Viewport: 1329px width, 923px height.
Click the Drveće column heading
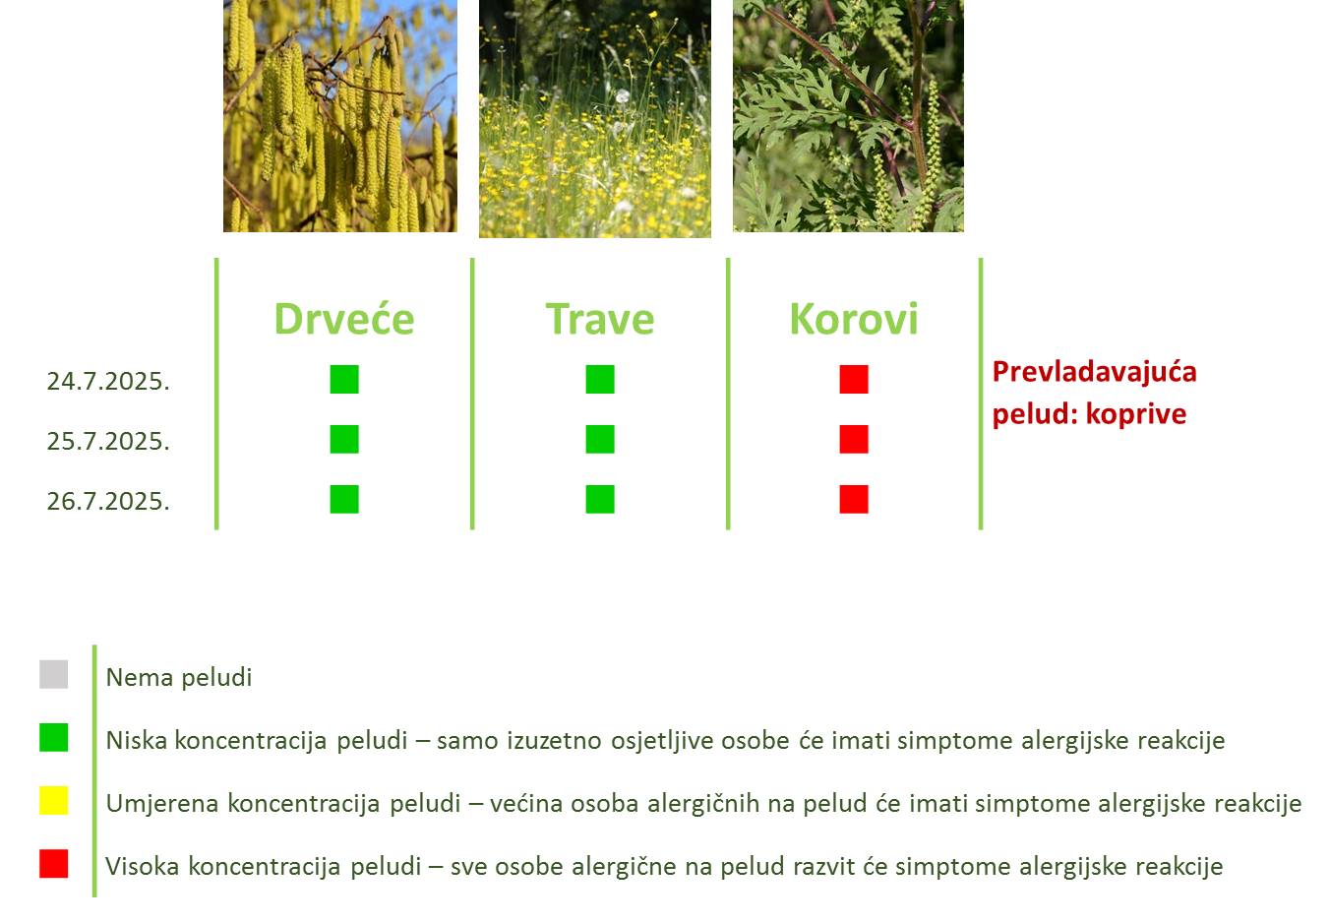pyautogui.click(x=344, y=320)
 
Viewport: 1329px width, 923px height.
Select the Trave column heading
pyautogui.click(x=600, y=320)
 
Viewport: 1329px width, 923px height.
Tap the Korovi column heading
pyautogui.click(x=854, y=320)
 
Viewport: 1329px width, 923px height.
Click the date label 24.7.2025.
pyautogui.click(x=108, y=381)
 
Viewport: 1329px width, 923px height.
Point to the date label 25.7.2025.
pyautogui.click(x=108, y=441)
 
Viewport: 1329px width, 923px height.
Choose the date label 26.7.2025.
pyautogui.click(x=108, y=501)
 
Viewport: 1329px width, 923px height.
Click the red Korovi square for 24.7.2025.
pyautogui.click(x=854, y=379)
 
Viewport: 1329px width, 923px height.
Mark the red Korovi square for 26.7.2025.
pyautogui.click(x=854, y=499)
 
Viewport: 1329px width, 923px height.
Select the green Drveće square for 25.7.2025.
pyautogui.click(x=344, y=439)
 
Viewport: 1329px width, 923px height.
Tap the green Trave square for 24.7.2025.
pyautogui.click(x=600, y=379)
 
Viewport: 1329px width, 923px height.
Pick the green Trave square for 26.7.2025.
pyautogui.click(x=600, y=499)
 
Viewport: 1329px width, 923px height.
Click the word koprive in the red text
pyautogui.click(x=1135, y=414)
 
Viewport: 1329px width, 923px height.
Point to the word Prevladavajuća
pyautogui.click(x=1094, y=372)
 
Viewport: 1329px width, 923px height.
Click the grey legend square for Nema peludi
pyautogui.click(x=53, y=674)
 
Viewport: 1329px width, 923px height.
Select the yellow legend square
pyautogui.click(x=53, y=800)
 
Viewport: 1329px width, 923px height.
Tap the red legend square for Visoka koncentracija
pyautogui.click(x=53, y=863)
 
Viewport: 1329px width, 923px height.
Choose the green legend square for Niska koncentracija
pyautogui.click(x=53, y=737)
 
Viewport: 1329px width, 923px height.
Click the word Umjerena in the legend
pyautogui.click(x=162, y=804)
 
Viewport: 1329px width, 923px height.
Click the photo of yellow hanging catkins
pyautogui.click(x=340, y=116)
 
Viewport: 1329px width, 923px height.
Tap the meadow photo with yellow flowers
pyautogui.click(x=595, y=119)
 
